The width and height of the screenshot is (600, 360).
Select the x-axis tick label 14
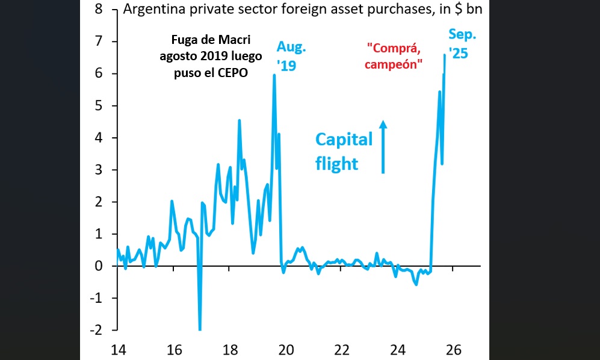tap(118, 350)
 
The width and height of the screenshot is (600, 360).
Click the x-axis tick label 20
tap(286, 350)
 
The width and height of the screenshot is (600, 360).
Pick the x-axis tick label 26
tap(454, 350)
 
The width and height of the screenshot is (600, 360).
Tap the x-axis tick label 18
tap(230, 350)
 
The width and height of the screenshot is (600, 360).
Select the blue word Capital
tap(344, 139)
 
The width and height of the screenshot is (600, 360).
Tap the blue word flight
tap(336, 163)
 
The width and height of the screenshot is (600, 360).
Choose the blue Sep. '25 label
tap(458, 43)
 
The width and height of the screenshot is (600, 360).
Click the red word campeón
tap(393, 65)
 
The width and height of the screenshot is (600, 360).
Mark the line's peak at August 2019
tap(274, 75)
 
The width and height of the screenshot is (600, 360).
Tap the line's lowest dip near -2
tap(200, 329)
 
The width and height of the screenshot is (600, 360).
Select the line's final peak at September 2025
tap(445, 55)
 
